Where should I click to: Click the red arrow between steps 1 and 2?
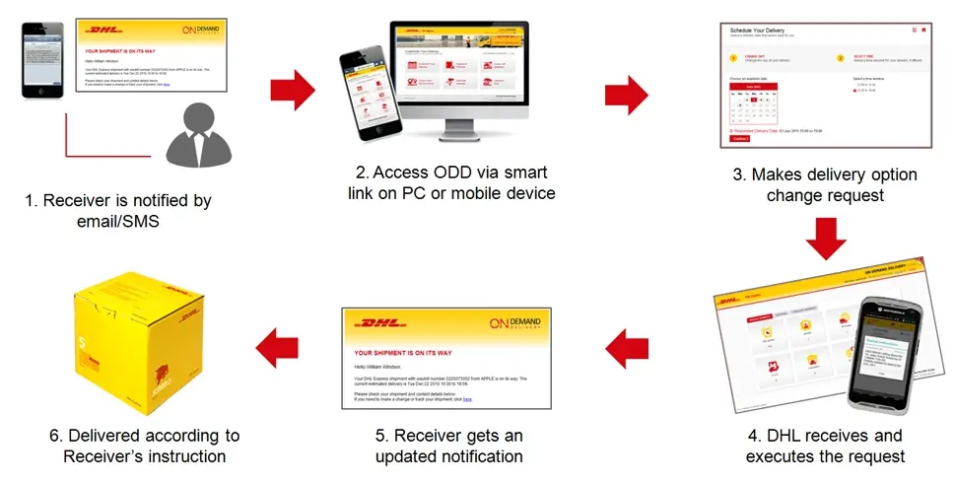click(293, 91)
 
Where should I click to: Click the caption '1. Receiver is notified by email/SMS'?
click(118, 211)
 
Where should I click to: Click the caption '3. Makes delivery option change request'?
click(827, 184)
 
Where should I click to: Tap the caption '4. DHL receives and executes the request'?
click(825, 446)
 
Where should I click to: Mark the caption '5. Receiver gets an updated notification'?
click(448, 446)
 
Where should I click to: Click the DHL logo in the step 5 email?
click(378, 323)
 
